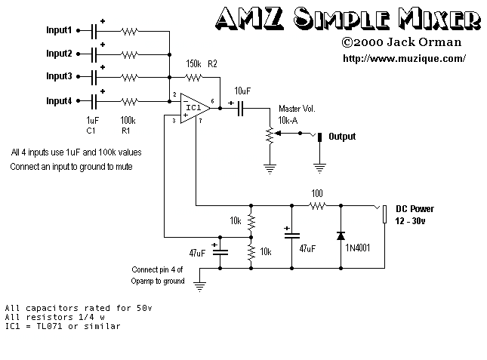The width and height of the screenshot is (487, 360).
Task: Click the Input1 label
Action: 59,31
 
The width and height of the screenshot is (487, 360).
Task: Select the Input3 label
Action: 59,77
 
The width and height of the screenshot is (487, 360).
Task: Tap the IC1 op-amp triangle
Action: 193,108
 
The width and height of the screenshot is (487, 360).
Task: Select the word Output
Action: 341,137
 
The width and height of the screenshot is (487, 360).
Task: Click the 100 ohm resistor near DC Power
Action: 316,205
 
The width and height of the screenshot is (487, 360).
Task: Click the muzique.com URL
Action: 404,58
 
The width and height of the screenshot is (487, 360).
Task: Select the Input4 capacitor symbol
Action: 94,100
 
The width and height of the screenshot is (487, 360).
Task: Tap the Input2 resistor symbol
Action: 129,54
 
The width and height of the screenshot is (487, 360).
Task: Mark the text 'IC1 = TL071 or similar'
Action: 62,327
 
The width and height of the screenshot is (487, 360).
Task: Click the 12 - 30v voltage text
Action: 411,220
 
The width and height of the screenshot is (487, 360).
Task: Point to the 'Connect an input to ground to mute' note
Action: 72,167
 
